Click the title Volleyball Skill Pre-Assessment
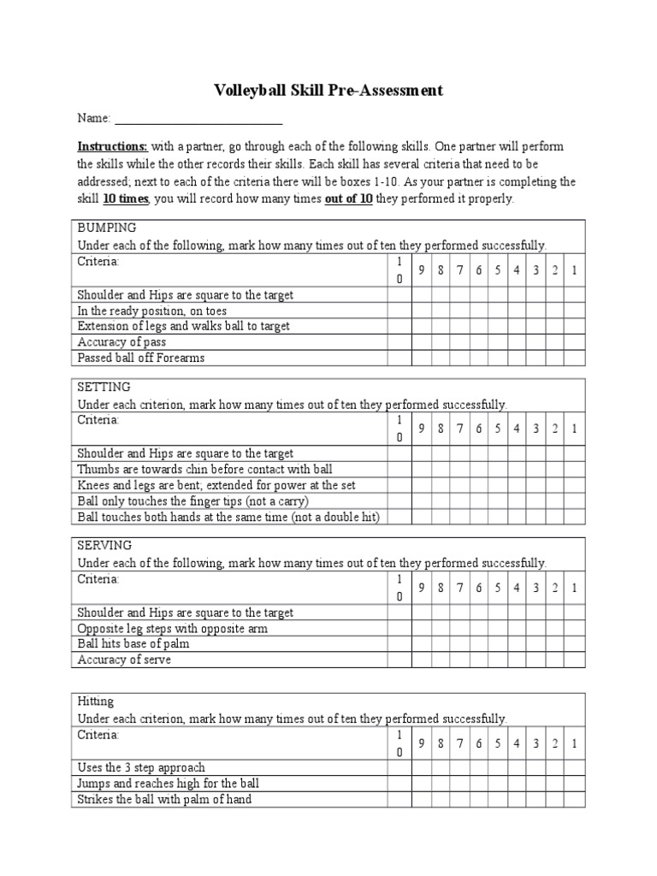point(328,90)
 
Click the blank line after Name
point(198,118)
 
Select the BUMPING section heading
point(107,228)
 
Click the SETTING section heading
point(104,387)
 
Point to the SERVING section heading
point(104,546)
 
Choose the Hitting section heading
point(96,701)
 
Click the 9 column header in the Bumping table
point(422,270)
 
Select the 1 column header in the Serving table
point(574,589)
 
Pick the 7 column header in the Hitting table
point(459,744)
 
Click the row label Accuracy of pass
point(121,342)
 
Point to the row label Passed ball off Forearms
point(141,358)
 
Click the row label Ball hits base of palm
point(133,644)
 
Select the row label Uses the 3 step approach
point(141,768)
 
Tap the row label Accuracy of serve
point(124,660)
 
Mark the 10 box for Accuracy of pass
point(399,342)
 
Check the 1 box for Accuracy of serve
point(574,660)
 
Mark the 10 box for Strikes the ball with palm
point(399,800)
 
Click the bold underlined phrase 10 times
point(126,198)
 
